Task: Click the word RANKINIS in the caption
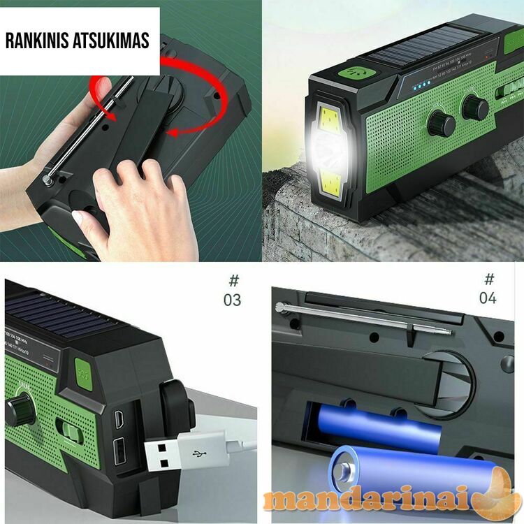36,41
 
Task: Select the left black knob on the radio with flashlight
441,124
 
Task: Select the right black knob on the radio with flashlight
474,108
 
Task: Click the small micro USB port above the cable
119,420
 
